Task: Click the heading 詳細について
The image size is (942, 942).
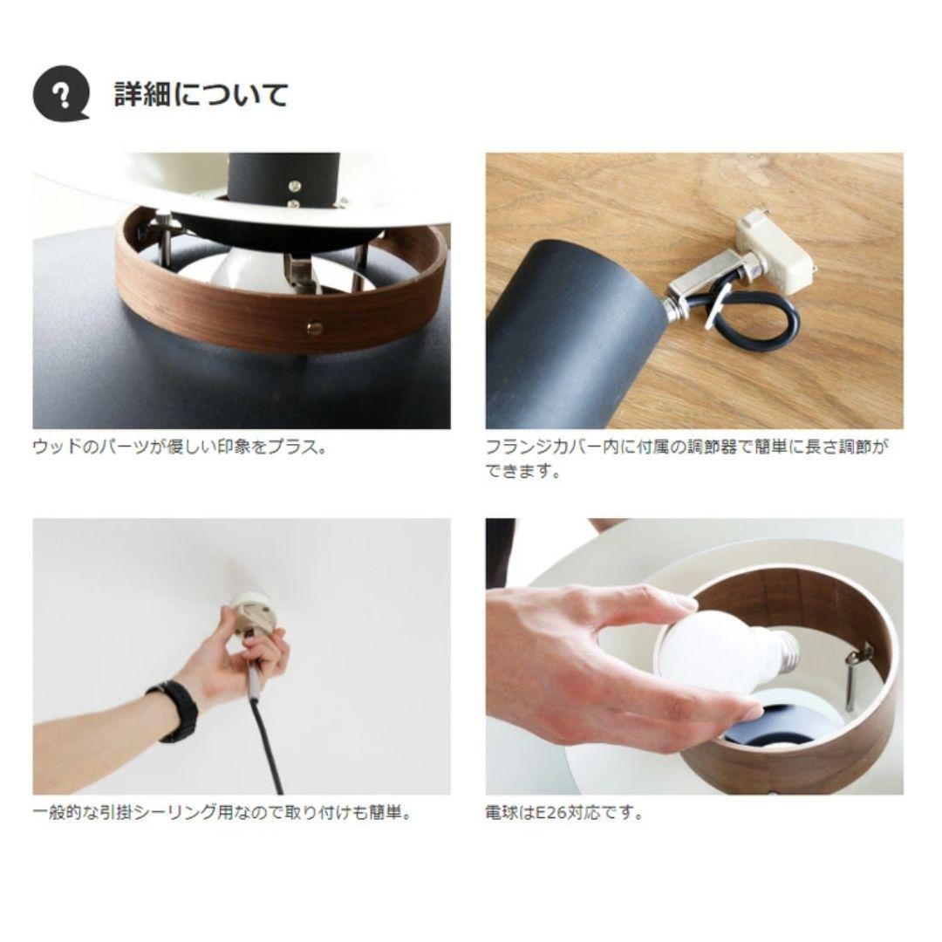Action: [x=201, y=94]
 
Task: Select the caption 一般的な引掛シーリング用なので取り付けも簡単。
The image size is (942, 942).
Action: [x=222, y=813]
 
